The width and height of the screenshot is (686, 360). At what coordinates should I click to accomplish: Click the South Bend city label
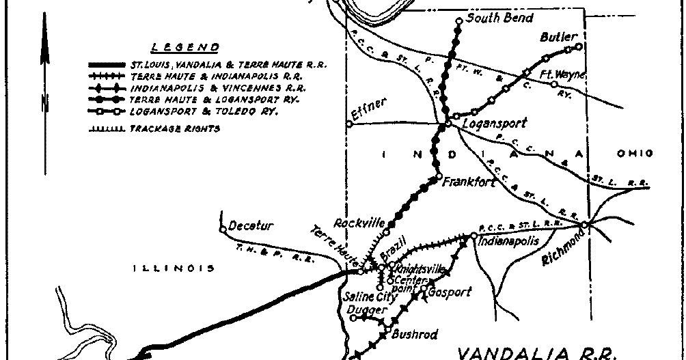click(x=499, y=18)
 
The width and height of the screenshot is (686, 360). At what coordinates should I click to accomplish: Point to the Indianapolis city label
click(x=509, y=241)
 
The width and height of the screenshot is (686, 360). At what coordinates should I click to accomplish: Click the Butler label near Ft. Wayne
click(x=559, y=37)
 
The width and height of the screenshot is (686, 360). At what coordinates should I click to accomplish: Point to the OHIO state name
click(x=635, y=154)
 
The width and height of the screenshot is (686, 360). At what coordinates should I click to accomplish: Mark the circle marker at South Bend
click(x=458, y=20)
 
